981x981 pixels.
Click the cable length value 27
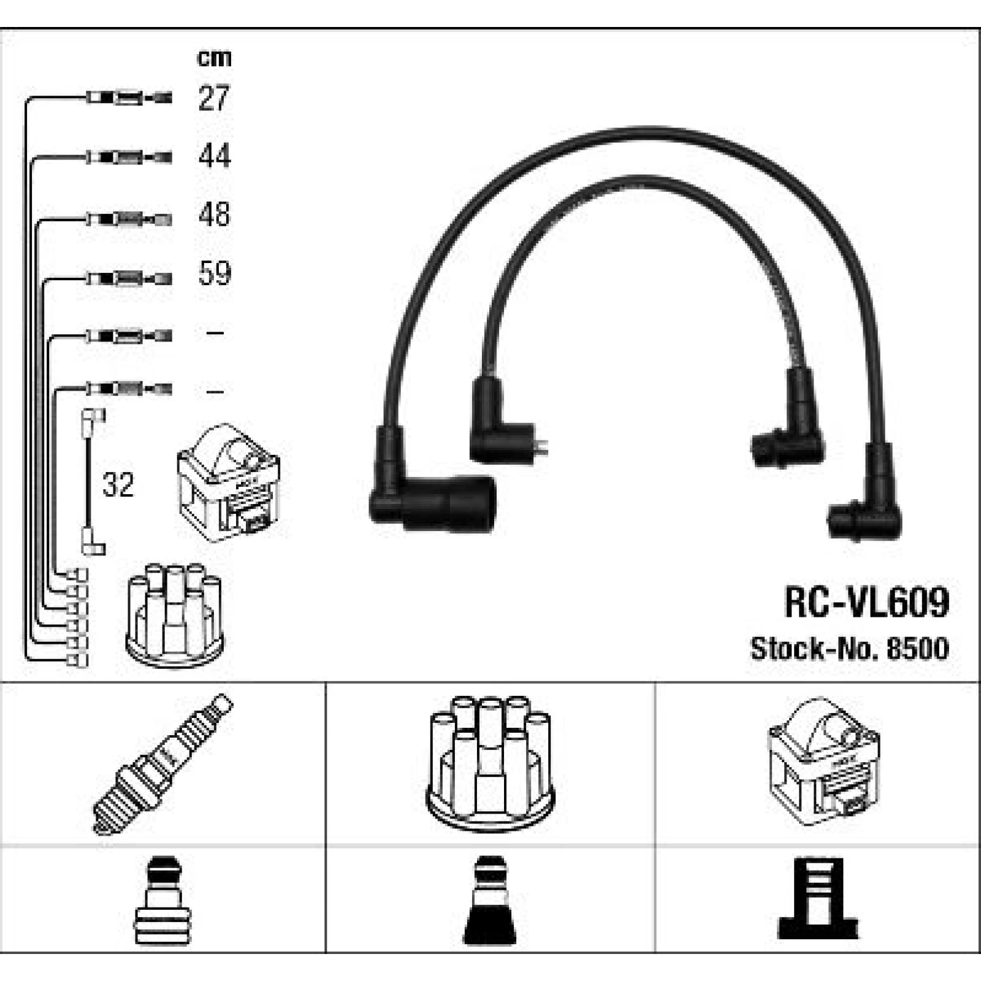pos(213,98)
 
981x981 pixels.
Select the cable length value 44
pos(214,156)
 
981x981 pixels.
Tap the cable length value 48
pos(214,215)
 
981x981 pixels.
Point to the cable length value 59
pos(214,273)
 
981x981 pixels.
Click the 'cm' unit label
pos(214,58)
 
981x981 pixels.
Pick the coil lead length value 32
pos(118,485)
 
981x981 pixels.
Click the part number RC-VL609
pos(866,602)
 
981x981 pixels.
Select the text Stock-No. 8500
pos(850,649)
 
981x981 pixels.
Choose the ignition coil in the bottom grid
pos(823,763)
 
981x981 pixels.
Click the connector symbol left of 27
pos(129,97)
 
